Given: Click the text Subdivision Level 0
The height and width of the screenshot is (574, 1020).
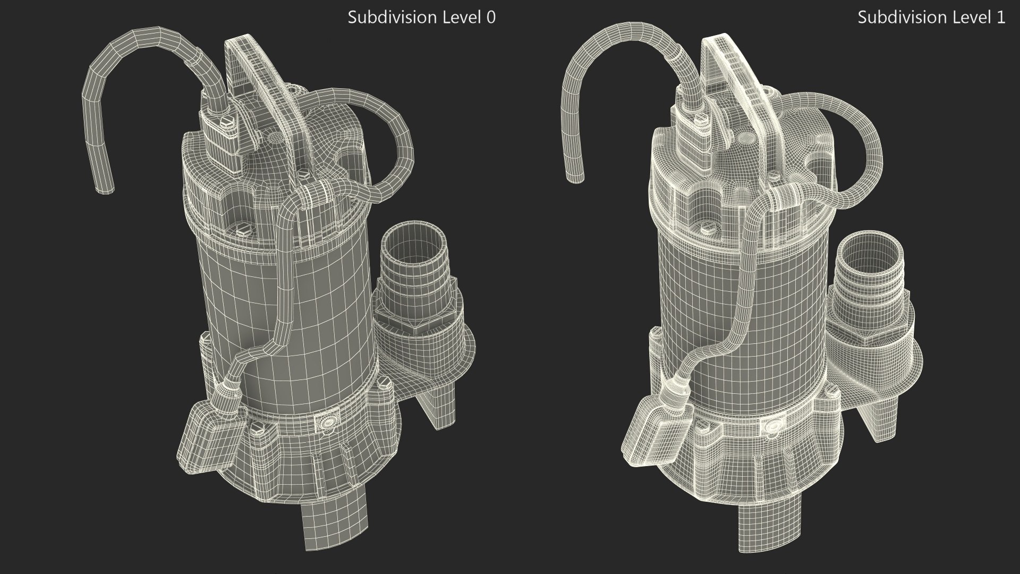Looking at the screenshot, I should coord(421,18).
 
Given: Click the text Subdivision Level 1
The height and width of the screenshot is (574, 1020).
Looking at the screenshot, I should coord(931,18).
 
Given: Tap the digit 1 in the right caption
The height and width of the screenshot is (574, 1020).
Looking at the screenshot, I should coord(1001,18).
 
